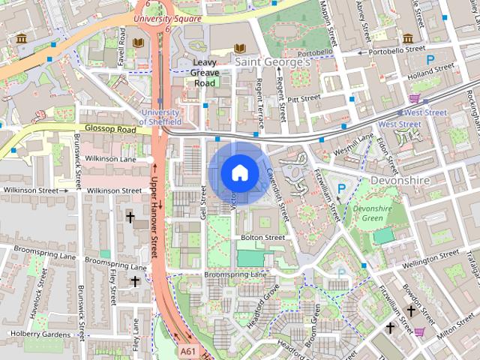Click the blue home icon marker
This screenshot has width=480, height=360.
point(238,172)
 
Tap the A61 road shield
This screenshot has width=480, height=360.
point(188,350)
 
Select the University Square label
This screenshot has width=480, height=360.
point(167,18)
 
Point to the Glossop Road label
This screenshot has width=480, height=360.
point(110,129)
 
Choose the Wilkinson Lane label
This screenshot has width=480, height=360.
point(110,159)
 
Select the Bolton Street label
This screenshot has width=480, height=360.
point(262,237)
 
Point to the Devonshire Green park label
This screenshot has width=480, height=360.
point(367,214)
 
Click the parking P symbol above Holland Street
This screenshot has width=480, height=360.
point(430,59)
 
